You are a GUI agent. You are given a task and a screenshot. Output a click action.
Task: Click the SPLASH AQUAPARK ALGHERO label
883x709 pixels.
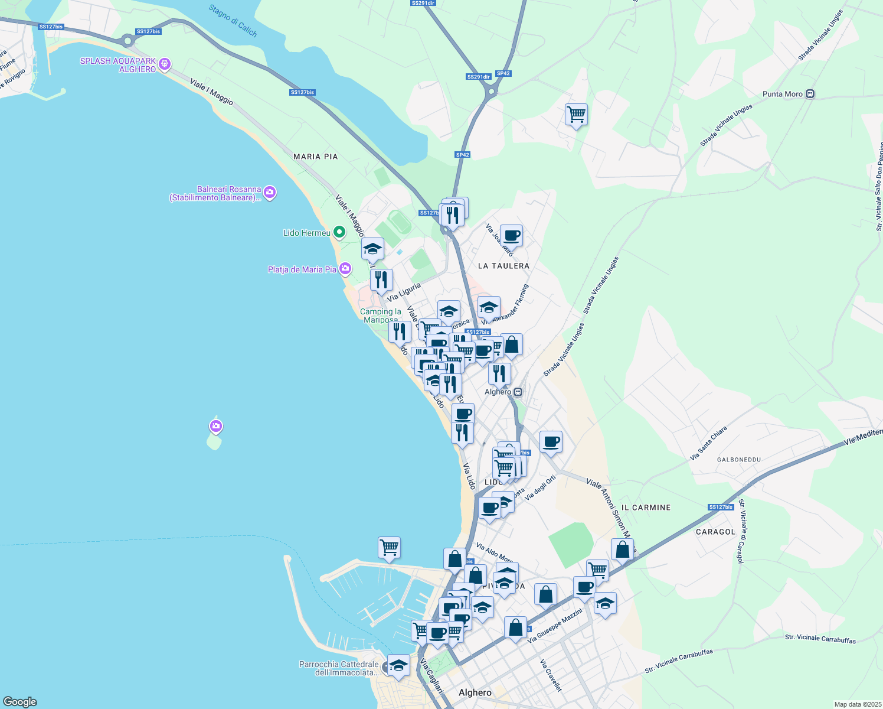118,65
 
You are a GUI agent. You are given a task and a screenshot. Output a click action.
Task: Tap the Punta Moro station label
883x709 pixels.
783,94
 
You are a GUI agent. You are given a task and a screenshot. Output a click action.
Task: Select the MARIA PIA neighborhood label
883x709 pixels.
316,157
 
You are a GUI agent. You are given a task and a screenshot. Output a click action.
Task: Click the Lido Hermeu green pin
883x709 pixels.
339,232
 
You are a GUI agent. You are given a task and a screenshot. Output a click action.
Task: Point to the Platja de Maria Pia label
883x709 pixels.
302,269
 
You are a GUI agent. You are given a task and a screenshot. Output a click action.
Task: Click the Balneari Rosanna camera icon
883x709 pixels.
270,192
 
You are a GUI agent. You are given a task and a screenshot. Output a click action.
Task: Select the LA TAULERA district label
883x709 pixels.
503,266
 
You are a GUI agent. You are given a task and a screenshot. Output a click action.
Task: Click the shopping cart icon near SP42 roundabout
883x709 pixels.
576,114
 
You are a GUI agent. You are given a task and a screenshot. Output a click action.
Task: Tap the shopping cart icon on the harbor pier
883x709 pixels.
390,548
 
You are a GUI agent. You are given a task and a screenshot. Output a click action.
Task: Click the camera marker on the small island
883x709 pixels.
216,426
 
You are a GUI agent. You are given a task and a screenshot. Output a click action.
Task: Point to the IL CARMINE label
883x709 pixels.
646,508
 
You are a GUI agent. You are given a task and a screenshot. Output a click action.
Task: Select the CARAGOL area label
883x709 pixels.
715,532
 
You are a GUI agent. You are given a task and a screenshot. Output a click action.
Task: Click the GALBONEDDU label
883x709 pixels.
738,459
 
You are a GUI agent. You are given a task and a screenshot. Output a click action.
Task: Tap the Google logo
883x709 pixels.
20,702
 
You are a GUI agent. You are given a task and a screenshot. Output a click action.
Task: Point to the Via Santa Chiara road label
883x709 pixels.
708,443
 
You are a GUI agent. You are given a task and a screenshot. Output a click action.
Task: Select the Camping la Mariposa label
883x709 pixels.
381,315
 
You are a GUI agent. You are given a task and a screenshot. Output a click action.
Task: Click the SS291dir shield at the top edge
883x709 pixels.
423,3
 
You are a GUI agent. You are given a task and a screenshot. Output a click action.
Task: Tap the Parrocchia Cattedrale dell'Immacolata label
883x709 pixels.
339,668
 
